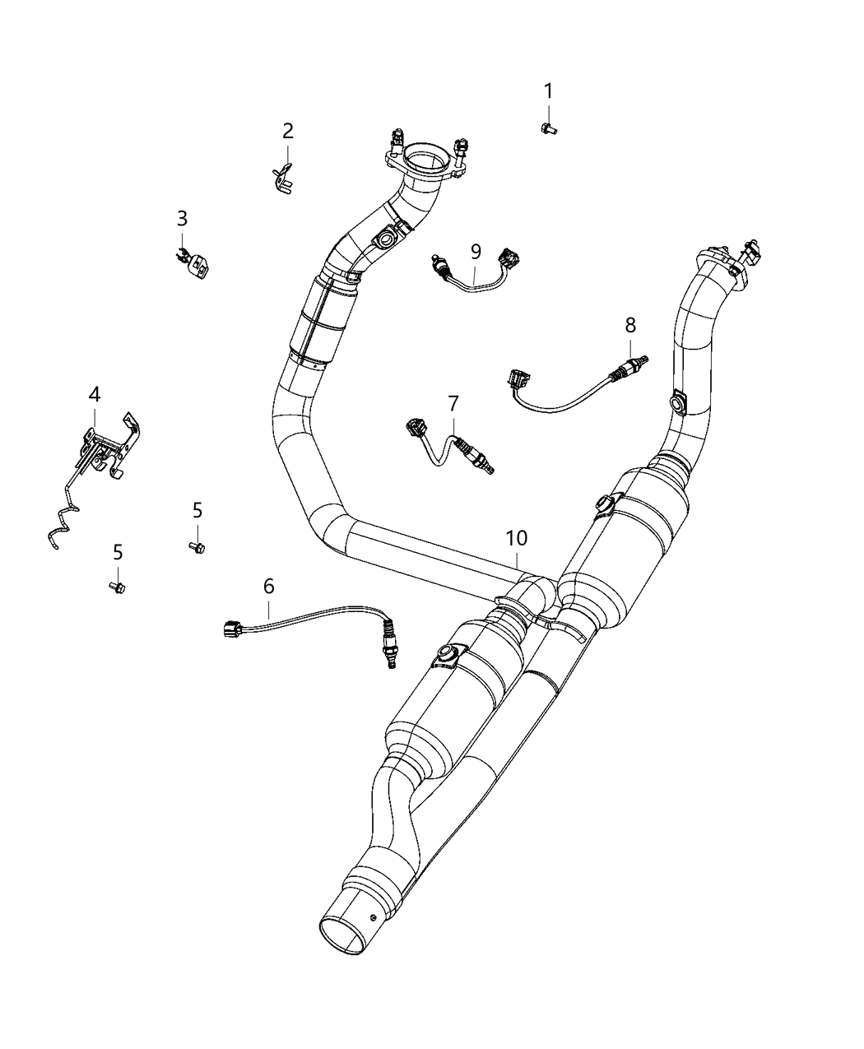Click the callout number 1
[548, 91]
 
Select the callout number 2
[287, 130]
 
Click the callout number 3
[182, 218]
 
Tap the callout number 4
[95, 395]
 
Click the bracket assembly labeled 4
[103, 448]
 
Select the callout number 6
[268, 586]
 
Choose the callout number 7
[453, 403]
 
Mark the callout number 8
[630, 324]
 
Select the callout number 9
[476, 251]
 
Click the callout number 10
[516, 538]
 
